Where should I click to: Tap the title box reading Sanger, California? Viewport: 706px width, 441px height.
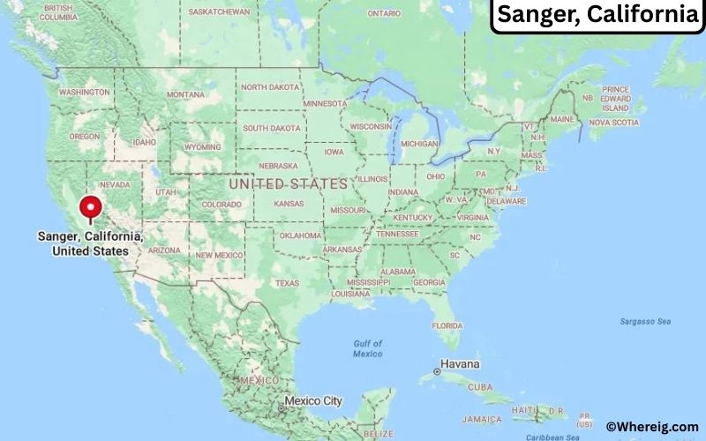coord(597,15)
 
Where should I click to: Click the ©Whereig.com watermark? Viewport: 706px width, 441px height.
coord(654,426)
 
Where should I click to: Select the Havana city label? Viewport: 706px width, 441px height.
coord(462,364)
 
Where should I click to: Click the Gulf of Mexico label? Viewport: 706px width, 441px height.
coord(368,348)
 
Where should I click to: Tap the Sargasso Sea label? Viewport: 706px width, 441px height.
coord(645,321)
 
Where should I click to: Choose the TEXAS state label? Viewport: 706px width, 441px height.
coord(287,283)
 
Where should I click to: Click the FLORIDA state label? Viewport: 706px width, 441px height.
coord(447,325)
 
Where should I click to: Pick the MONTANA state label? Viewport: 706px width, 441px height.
coord(185,94)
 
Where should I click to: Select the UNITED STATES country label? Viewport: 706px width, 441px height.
coord(288,184)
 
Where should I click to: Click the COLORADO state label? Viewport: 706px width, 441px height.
coord(221,204)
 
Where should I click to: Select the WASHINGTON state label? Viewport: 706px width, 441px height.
coord(85,92)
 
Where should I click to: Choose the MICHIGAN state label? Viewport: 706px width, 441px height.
coord(419,143)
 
